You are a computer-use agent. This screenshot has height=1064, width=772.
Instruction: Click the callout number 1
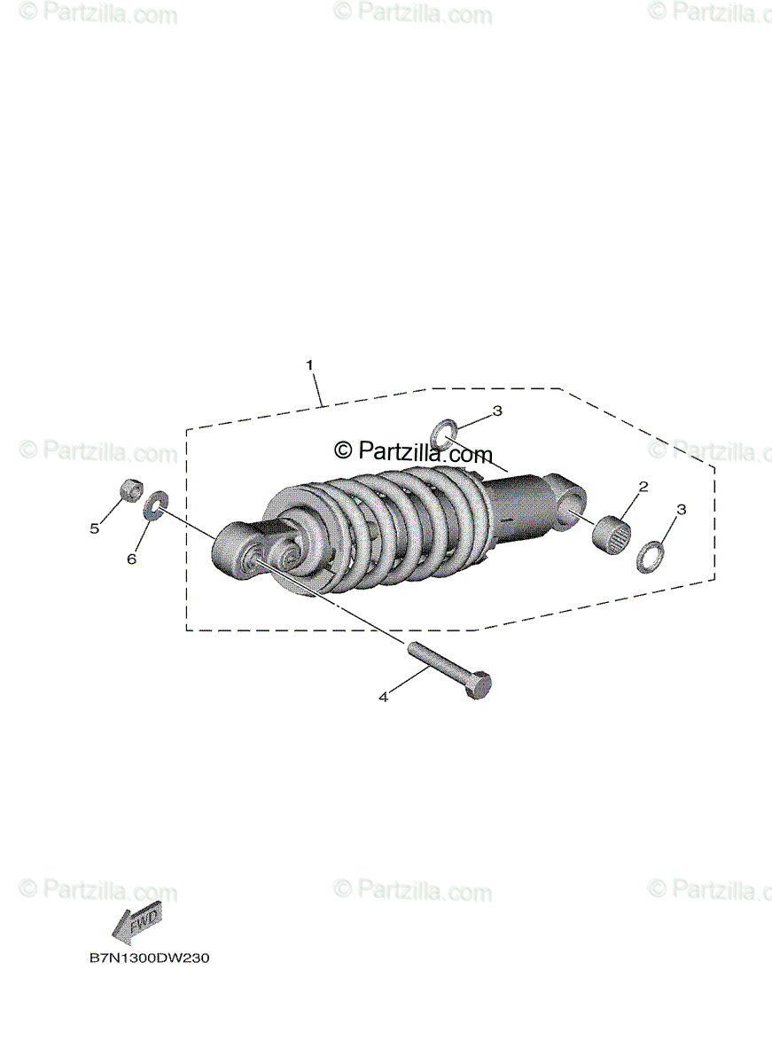pyautogui.click(x=309, y=364)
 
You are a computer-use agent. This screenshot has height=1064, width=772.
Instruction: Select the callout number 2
pyautogui.click(x=643, y=487)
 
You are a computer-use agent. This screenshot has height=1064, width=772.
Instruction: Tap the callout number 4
pyautogui.click(x=383, y=697)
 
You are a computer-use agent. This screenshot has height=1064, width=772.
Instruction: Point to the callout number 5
pyautogui.click(x=95, y=528)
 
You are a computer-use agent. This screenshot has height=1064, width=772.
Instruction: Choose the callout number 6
pyautogui.click(x=131, y=559)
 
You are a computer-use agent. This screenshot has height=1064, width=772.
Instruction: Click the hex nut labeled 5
pyautogui.click(x=129, y=489)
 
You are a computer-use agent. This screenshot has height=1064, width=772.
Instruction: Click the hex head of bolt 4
pyautogui.click(x=479, y=685)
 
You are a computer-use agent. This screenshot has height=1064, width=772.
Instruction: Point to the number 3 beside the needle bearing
pyautogui.click(x=681, y=510)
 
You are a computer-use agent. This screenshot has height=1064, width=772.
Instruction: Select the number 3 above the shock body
pyautogui.click(x=497, y=411)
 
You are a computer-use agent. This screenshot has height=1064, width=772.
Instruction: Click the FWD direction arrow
pyautogui.click(x=135, y=927)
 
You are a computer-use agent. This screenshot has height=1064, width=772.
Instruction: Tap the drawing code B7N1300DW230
pyautogui.click(x=148, y=958)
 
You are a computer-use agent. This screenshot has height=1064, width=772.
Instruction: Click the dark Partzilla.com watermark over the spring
pyautogui.click(x=413, y=452)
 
